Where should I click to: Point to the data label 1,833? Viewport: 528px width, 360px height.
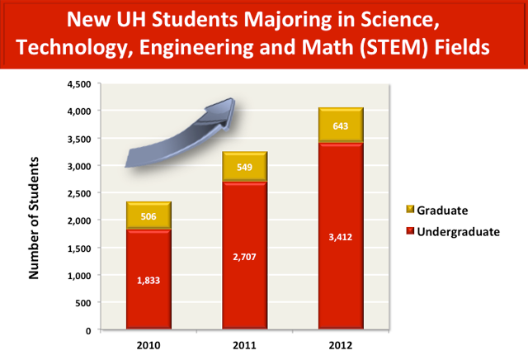point(148,281)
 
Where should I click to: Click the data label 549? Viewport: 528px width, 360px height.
point(245,168)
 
